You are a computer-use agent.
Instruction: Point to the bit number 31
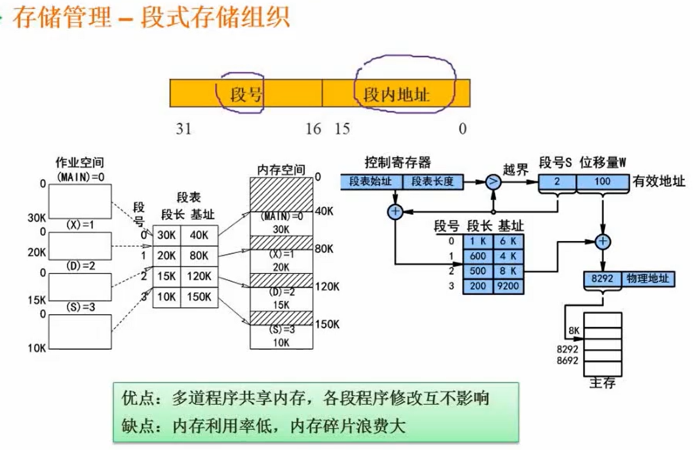coord(184,128)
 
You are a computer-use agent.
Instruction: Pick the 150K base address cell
coord(199,297)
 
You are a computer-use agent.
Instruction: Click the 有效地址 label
coord(659,182)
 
